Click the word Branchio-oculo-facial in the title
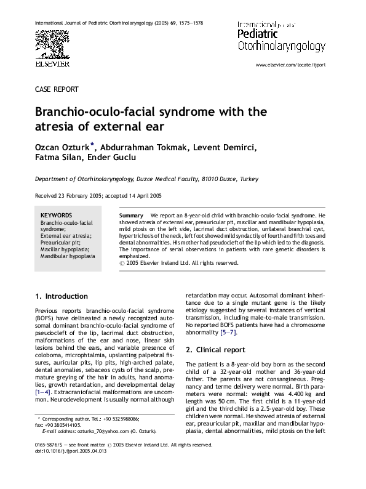tap(106, 113)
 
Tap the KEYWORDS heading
tap(56, 216)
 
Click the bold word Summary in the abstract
tap(129, 216)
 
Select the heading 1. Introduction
tap(61, 296)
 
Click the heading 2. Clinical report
tap(215, 350)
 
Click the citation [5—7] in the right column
tap(228, 333)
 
